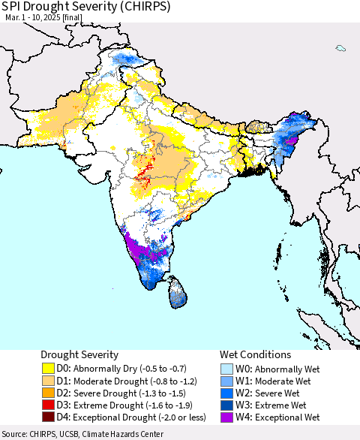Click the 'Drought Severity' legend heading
[80, 354]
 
